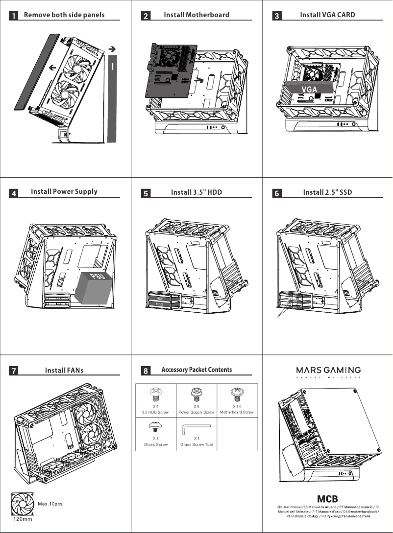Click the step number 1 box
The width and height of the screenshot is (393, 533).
click(x=15, y=16)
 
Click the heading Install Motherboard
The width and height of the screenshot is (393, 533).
click(x=196, y=15)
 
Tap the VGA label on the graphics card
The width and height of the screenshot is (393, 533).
click(x=309, y=89)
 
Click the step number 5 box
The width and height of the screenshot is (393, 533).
click(x=146, y=193)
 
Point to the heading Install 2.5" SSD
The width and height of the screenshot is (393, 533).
click(x=328, y=192)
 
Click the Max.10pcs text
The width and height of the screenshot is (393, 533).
click(x=50, y=504)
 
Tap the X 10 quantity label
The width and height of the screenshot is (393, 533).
click(x=237, y=406)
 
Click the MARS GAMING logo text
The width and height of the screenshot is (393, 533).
click(x=328, y=370)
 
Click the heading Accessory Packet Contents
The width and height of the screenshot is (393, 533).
click(x=196, y=370)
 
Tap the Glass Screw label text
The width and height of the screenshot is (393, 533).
click(x=156, y=445)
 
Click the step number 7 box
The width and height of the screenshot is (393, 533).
click(x=15, y=371)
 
